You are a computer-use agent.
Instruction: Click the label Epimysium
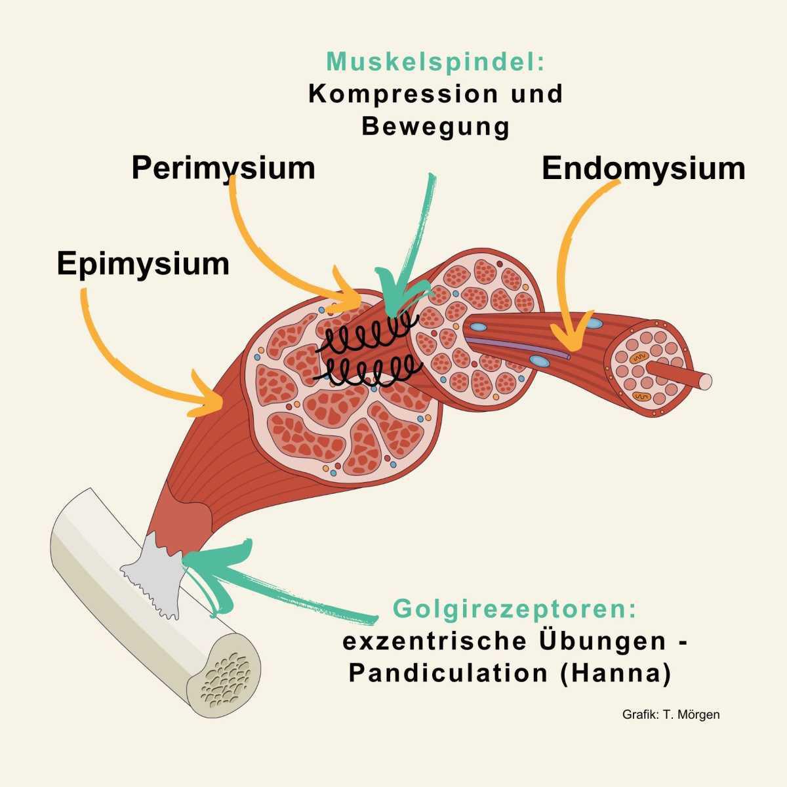point(143,264)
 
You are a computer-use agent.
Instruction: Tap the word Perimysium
point(223,168)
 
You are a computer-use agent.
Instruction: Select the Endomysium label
point(643,169)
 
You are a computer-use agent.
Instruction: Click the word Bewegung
point(435,126)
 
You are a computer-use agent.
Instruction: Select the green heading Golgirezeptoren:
point(515,609)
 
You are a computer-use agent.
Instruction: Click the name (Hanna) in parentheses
point(615,674)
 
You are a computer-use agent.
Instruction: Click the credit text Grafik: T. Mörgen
point(670,714)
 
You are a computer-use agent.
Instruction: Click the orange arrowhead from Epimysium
point(209,397)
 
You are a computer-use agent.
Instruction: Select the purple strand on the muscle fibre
point(518,348)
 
